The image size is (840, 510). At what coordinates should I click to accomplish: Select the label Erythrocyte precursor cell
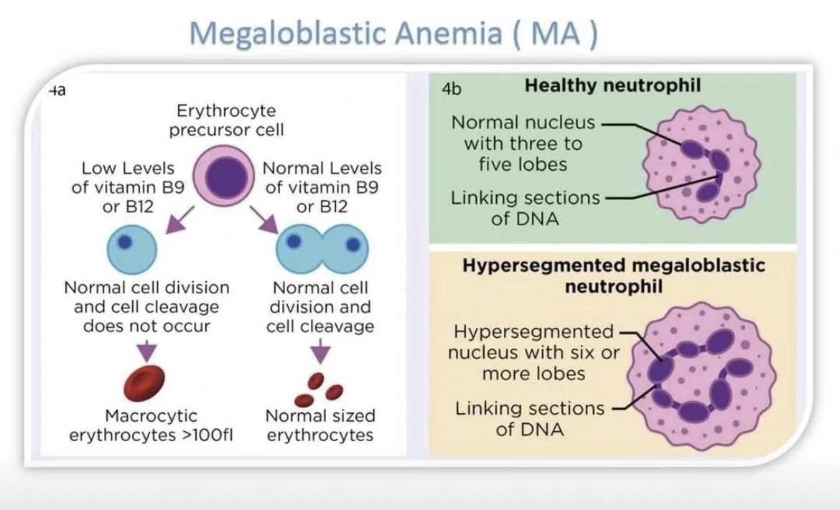point(226,121)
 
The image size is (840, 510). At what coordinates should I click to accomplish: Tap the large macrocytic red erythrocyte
point(144,384)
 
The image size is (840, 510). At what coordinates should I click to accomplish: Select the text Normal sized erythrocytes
point(320,425)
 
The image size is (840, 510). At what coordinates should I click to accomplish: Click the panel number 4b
point(452,89)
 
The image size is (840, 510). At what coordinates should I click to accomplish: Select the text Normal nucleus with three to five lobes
point(523,143)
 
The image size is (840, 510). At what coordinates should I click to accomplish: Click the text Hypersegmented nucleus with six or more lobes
point(533,353)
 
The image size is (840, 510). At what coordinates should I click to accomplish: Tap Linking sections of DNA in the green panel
point(524,208)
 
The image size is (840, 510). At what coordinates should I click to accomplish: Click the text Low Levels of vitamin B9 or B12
point(128,187)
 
